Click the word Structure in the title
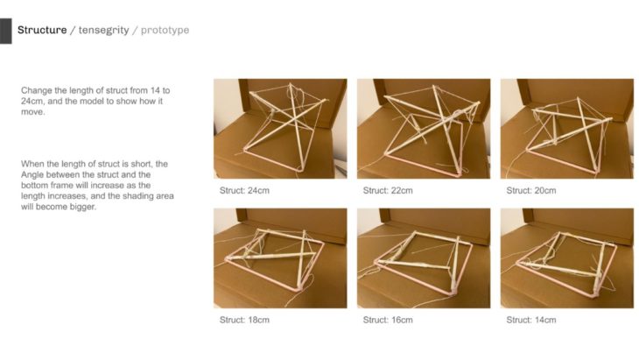(x=42, y=30)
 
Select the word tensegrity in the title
(x=103, y=30)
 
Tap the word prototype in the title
(x=165, y=30)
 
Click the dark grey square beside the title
(x=6, y=31)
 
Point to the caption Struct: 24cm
(x=244, y=190)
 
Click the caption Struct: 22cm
(x=388, y=190)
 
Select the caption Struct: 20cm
(x=531, y=190)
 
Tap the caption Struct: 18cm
(x=244, y=320)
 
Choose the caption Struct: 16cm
(x=388, y=320)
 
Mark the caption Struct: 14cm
(x=531, y=320)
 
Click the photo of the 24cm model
(x=280, y=129)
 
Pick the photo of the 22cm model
(x=424, y=129)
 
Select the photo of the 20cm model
(x=567, y=129)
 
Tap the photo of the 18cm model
(x=280, y=258)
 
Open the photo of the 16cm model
(x=424, y=258)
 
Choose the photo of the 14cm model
(x=567, y=258)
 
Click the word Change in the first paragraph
(x=36, y=91)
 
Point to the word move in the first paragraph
(x=32, y=112)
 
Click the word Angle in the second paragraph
(x=32, y=175)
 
